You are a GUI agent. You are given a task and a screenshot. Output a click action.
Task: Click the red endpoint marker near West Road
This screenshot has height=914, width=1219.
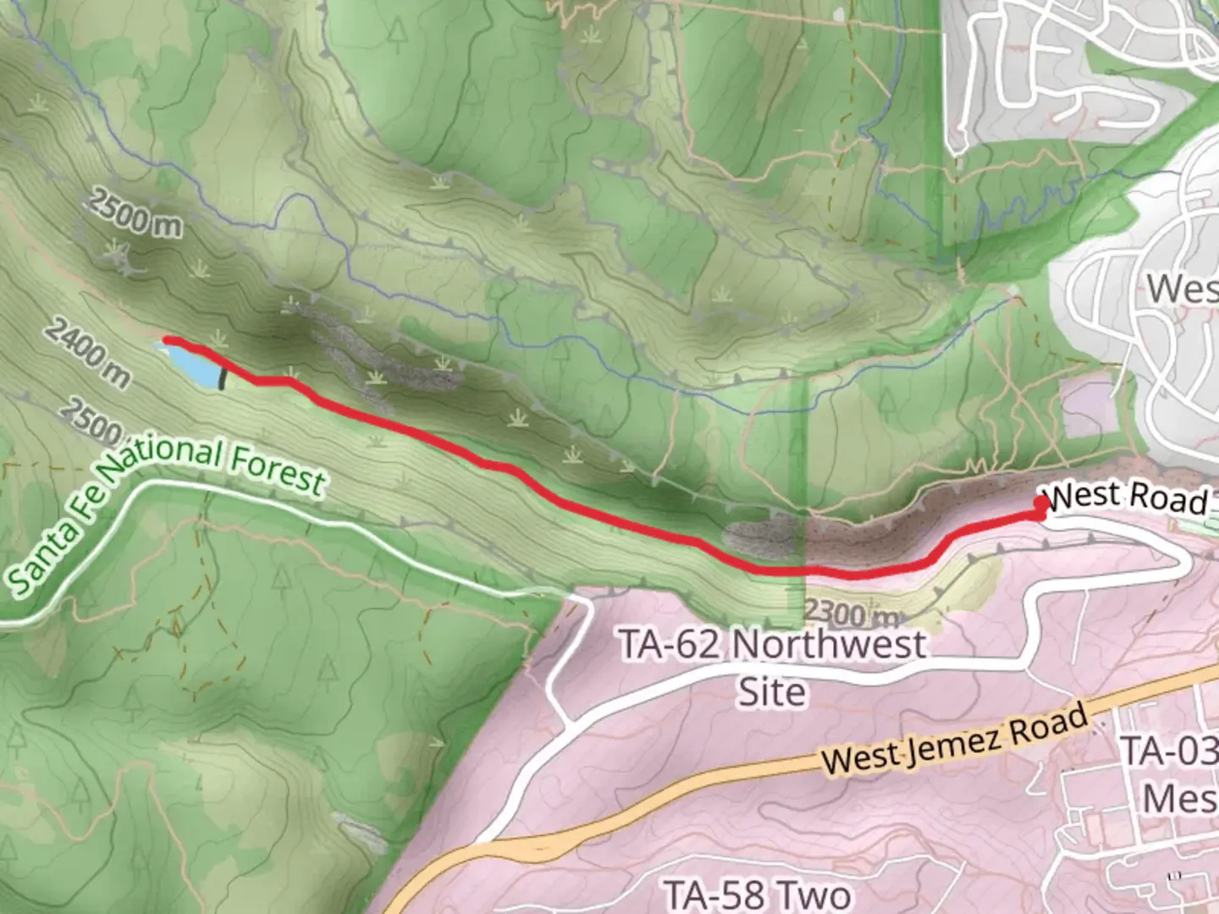point(1040,505)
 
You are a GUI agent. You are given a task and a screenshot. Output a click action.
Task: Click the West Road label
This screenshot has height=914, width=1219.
point(1127,497)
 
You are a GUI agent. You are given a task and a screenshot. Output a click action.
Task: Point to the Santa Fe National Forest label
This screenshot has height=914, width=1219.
point(161,508)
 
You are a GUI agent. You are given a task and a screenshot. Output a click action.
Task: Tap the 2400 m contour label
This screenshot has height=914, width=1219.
point(87,351)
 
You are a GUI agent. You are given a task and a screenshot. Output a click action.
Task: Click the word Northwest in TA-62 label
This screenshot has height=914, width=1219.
point(829,645)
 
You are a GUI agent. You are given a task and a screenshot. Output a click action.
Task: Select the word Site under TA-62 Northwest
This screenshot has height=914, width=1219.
point(771,691)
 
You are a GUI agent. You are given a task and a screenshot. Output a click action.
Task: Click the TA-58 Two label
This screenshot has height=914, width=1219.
point(757,895)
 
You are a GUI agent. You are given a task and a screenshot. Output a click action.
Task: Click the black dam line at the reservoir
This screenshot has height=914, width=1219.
point(223,374)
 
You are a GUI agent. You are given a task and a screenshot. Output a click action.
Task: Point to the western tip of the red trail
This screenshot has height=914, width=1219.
point(167,340)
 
